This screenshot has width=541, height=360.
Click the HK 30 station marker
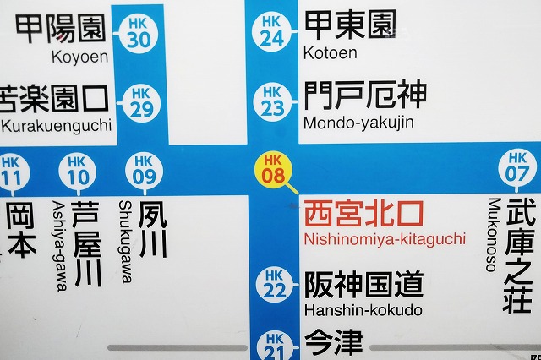(140, 33)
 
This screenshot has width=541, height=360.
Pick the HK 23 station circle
(271, 101)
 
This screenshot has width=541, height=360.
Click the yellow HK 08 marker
(273, 168)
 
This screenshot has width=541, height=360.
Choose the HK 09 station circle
(145, 170)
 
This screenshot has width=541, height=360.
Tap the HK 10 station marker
(77, 171)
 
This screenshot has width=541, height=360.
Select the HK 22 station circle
(273, 284)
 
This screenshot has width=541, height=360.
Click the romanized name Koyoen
(80, 57)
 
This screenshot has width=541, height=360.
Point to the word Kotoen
(330, 53)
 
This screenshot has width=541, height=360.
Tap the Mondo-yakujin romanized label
(358, 123)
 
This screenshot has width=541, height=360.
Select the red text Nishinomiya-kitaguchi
(384, 239)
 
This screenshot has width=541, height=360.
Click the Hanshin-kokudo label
(363, 310)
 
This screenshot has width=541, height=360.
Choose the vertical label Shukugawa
(125, 241)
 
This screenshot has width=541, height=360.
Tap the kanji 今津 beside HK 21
(333, 343)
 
